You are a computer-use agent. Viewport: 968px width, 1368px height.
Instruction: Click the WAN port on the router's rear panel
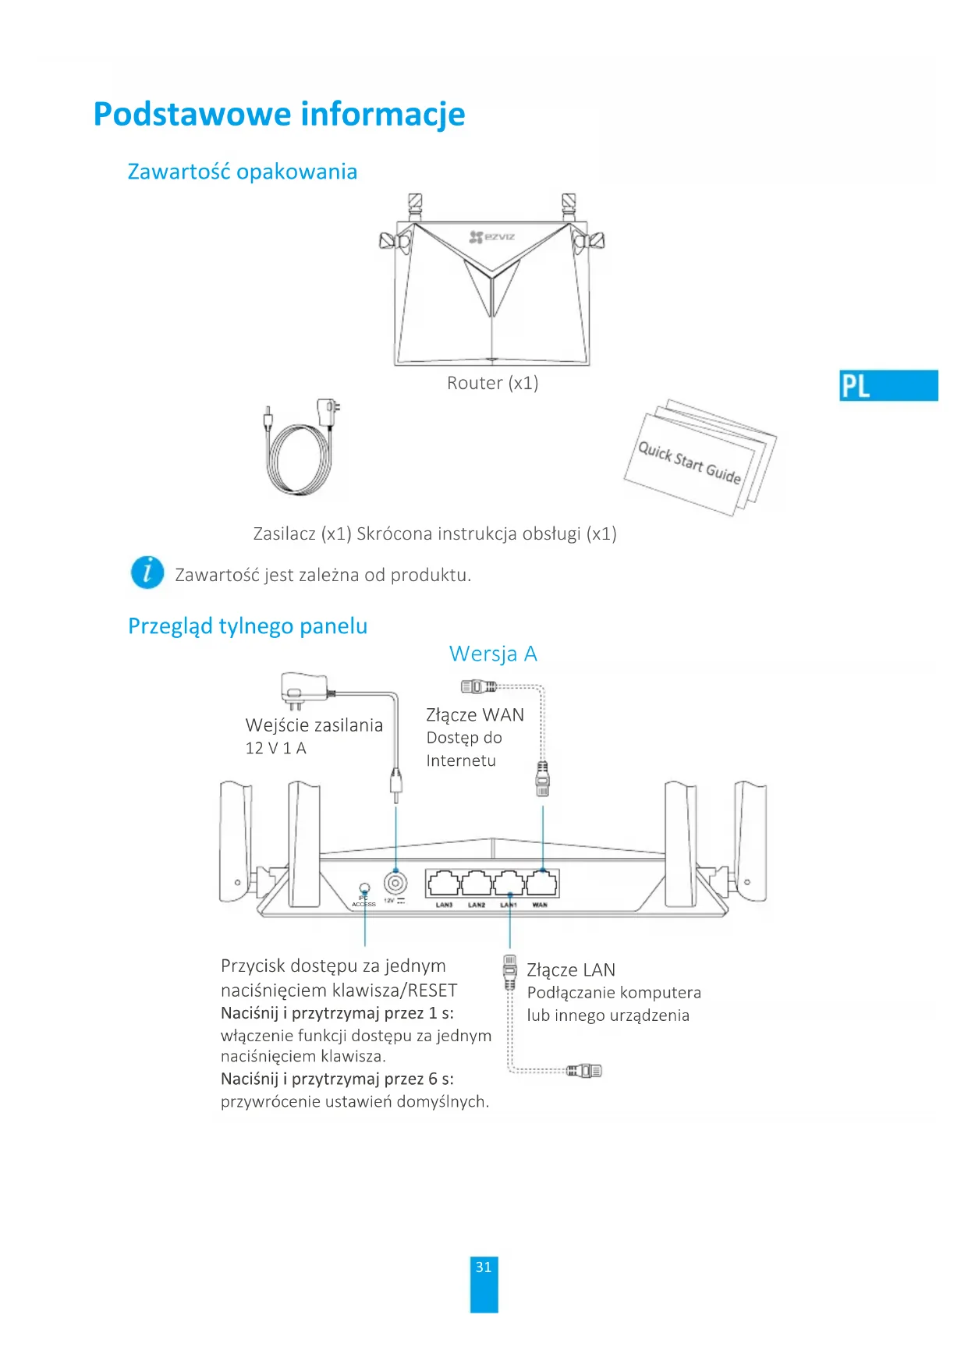tap(542, 884)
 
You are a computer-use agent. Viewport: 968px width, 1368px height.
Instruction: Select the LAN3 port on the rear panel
tap(443, 884)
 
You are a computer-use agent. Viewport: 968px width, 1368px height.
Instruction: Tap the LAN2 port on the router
tap(476, 884)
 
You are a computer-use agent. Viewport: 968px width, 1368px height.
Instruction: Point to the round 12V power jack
tap(395, 884)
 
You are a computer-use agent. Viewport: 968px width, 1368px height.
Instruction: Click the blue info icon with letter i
tap(147, 572)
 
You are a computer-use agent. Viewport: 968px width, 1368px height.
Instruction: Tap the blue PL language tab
tap(888, 385)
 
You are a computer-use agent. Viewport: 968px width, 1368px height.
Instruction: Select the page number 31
tap(484, 1267)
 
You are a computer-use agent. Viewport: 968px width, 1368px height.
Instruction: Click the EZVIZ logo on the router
tap(492, 236)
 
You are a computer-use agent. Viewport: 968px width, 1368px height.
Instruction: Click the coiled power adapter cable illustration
tap(300, 456)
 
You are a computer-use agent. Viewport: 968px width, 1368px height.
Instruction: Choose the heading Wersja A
tap(493, 654)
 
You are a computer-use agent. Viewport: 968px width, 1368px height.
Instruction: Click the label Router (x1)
tap(492, 383)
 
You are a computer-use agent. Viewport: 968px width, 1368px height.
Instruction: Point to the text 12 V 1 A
tap(275, 748)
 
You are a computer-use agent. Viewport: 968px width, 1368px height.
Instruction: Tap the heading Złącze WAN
tap(474, 715)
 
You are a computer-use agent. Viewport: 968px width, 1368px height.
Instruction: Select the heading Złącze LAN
tap(571, 970)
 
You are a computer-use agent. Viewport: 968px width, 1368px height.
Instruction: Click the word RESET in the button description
tap(434, 991)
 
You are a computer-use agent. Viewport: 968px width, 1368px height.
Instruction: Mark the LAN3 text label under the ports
tap(444, 906)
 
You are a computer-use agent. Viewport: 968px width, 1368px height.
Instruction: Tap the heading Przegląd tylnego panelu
tap(247, 626)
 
